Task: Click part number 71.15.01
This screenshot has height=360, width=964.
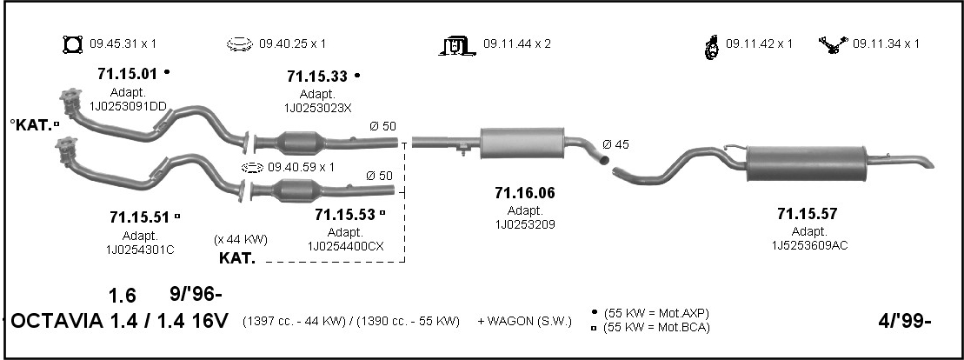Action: click(128, 74)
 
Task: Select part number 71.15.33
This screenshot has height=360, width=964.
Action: click(317, 77)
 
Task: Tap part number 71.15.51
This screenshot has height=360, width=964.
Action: click(140, 217)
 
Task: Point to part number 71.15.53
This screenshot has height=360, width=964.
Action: click(345, 215)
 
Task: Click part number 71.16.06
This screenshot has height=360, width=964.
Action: click(525, 193)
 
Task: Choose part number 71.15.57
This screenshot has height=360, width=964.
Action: click(808, 214)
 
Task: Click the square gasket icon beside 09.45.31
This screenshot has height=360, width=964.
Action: click(72, 44)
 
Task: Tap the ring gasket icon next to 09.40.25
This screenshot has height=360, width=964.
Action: click(240, 44)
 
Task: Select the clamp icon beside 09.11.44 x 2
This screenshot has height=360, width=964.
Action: click(457, 45)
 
